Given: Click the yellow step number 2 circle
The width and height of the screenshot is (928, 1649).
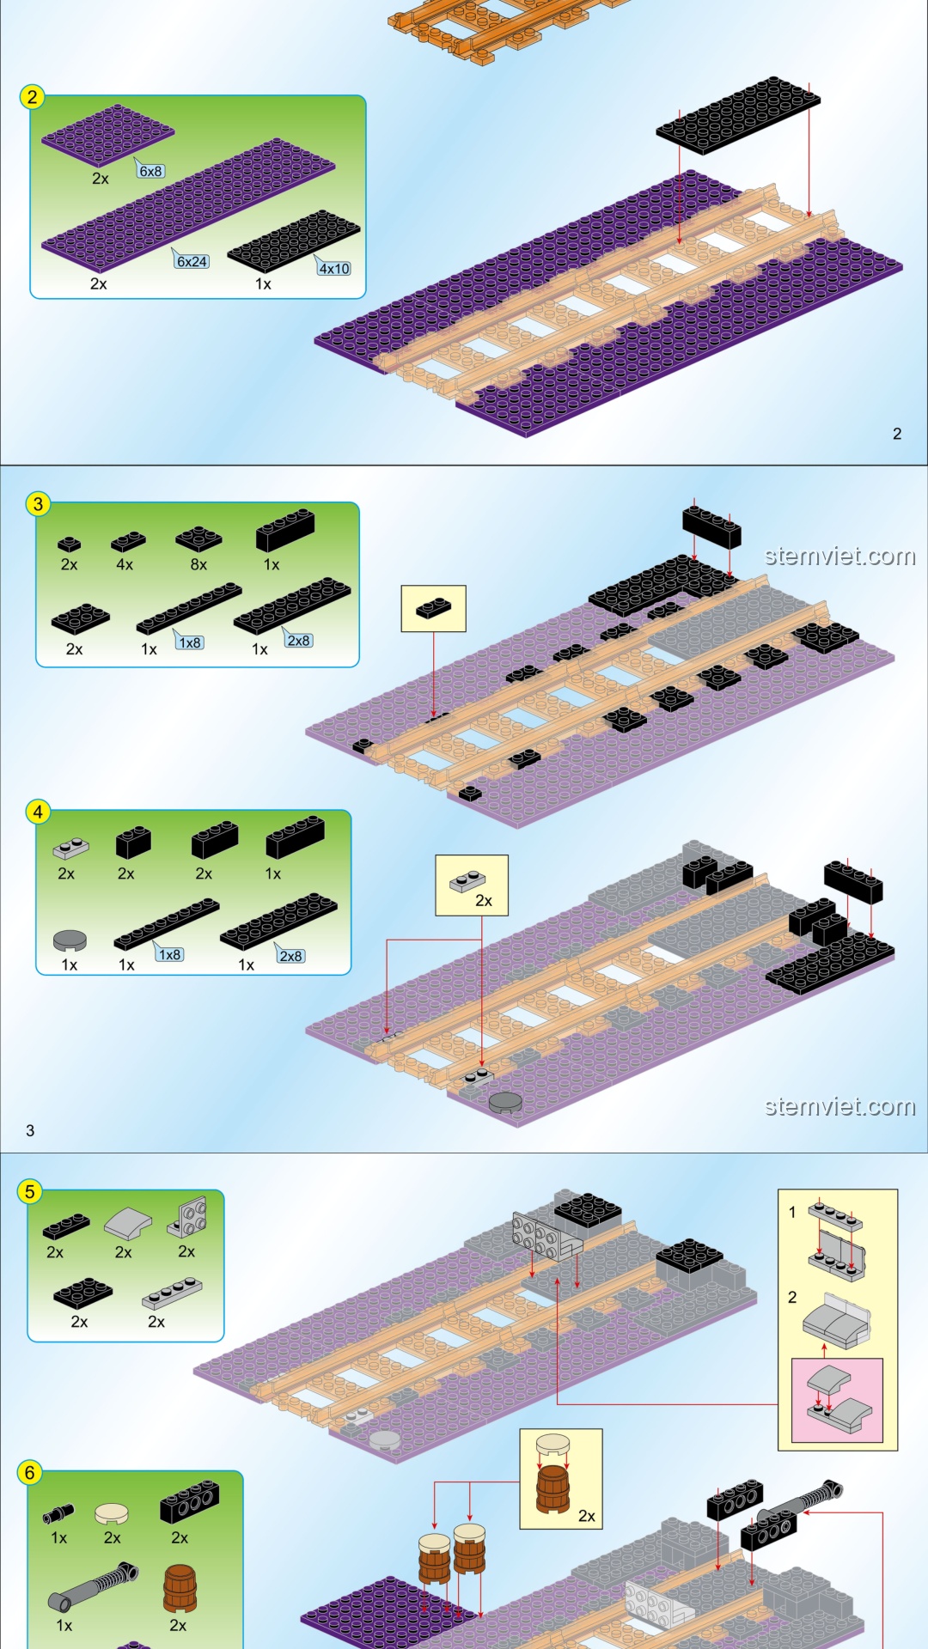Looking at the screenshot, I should click(x=33, y=96).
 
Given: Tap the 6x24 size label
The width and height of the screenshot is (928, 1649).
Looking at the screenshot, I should click(x=192, y=261).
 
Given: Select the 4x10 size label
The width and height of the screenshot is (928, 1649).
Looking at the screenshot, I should click(x=334, y=268).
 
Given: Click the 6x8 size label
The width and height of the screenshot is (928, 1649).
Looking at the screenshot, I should click(x=150, y=171).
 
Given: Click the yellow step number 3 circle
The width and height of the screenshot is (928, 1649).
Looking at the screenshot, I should click(x=38, y=504).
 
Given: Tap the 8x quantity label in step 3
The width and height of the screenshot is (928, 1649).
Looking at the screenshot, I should click(x=198, y=564).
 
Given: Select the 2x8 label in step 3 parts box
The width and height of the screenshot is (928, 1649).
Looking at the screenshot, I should click(x=298, y=641).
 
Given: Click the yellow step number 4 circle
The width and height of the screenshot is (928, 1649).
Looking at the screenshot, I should click(x=38, y=812).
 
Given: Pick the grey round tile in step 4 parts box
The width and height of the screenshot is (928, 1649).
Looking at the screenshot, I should click(x=70, y=940).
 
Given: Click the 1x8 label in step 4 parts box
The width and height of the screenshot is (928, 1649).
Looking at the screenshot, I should click(x=170, y=954).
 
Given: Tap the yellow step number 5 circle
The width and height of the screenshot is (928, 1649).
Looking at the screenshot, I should click(x=30, y=1191).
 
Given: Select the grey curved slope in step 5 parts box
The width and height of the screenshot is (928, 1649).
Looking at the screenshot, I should click(x=127, y=1222).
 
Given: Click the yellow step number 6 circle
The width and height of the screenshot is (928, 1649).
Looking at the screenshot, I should click(x=30, y=1473).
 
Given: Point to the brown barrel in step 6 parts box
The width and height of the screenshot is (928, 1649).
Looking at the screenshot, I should click(x=180, y=1587).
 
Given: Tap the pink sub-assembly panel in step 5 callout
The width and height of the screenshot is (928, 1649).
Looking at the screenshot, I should click(x=837, y=1400).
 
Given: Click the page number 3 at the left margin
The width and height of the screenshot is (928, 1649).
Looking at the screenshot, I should click(x=30, y=1130).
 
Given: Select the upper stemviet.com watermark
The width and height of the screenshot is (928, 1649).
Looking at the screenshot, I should click(x=839, y=556).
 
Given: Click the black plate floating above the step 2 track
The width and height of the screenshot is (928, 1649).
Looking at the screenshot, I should click(x=737, y=114).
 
